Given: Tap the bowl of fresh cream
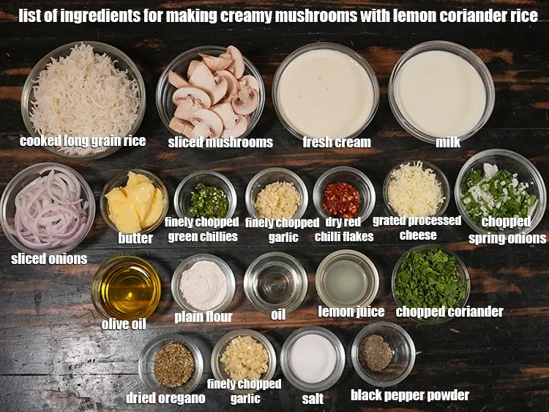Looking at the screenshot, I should tap(326, 92).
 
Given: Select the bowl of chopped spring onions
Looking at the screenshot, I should tap(500, 192).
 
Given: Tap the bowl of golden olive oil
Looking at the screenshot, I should tap(126, 287).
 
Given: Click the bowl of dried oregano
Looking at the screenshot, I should tap(173, 364).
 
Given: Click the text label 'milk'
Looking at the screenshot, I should tap(448, 142).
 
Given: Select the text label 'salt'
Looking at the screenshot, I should tap(313, 399).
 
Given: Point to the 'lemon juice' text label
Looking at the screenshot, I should tap(351, 312).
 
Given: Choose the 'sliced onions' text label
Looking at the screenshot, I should tap(49, 258).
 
